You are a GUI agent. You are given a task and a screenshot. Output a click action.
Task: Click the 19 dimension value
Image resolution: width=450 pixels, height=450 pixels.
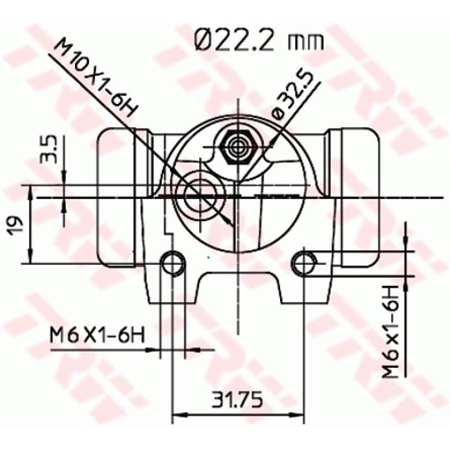coord(17,224)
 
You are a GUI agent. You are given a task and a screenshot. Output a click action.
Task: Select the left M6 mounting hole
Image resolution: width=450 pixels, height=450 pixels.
coord(173,262)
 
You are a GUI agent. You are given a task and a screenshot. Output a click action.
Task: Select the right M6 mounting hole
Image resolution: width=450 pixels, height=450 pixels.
coord(304,262)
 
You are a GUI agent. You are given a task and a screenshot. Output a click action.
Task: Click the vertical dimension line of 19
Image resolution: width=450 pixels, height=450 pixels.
coord(30,225)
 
